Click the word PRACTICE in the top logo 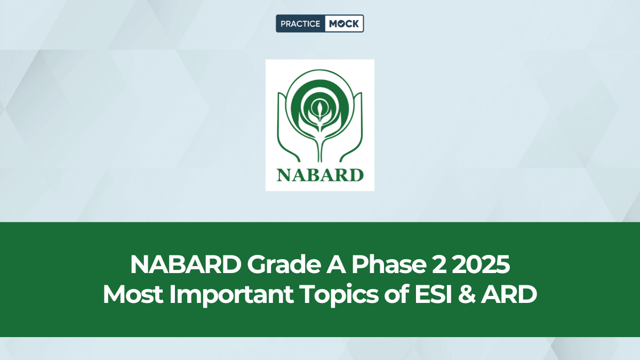[x=300, y=23]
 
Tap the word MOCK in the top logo [x=344, y=23]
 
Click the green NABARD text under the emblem [x=320, y=174]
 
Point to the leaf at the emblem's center [x=320, y=109]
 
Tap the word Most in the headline [x=130, y=295]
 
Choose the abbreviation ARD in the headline [x=507, y=295]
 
